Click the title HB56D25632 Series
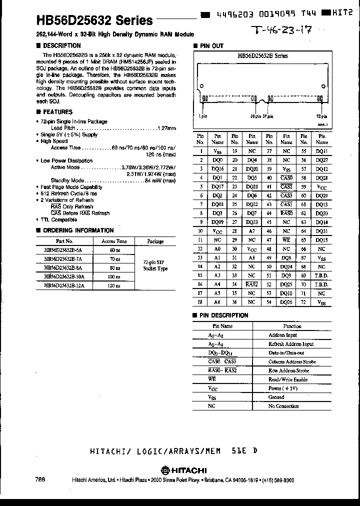pos(94,20)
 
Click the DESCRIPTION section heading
pos(61,45)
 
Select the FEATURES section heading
pos(57,112)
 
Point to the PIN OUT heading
pos(211,45)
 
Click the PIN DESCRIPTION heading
pos(224,315)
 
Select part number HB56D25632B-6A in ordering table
pos(63,250)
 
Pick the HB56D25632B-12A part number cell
pos(64,285)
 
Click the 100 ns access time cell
pos(114,277)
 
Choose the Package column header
pos(155,241)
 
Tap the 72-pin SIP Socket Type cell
pos(155,265)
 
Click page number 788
pos(40,479)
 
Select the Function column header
pos(292,326)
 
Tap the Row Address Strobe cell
pos(292,370)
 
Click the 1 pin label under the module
pos(202,115)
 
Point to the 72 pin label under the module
pos(321,115)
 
